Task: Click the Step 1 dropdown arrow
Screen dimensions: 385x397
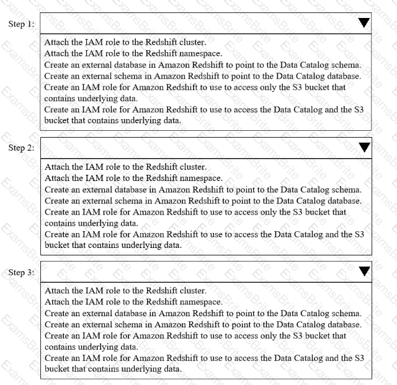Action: (364, 22)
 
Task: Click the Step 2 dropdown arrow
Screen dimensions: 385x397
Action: (364, 147)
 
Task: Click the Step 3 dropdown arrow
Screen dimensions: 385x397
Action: (364, 271)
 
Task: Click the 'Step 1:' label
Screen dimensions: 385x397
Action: (21, 23)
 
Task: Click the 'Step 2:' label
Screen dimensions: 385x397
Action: (21, 148)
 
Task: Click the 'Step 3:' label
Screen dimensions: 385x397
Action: (21, 272)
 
